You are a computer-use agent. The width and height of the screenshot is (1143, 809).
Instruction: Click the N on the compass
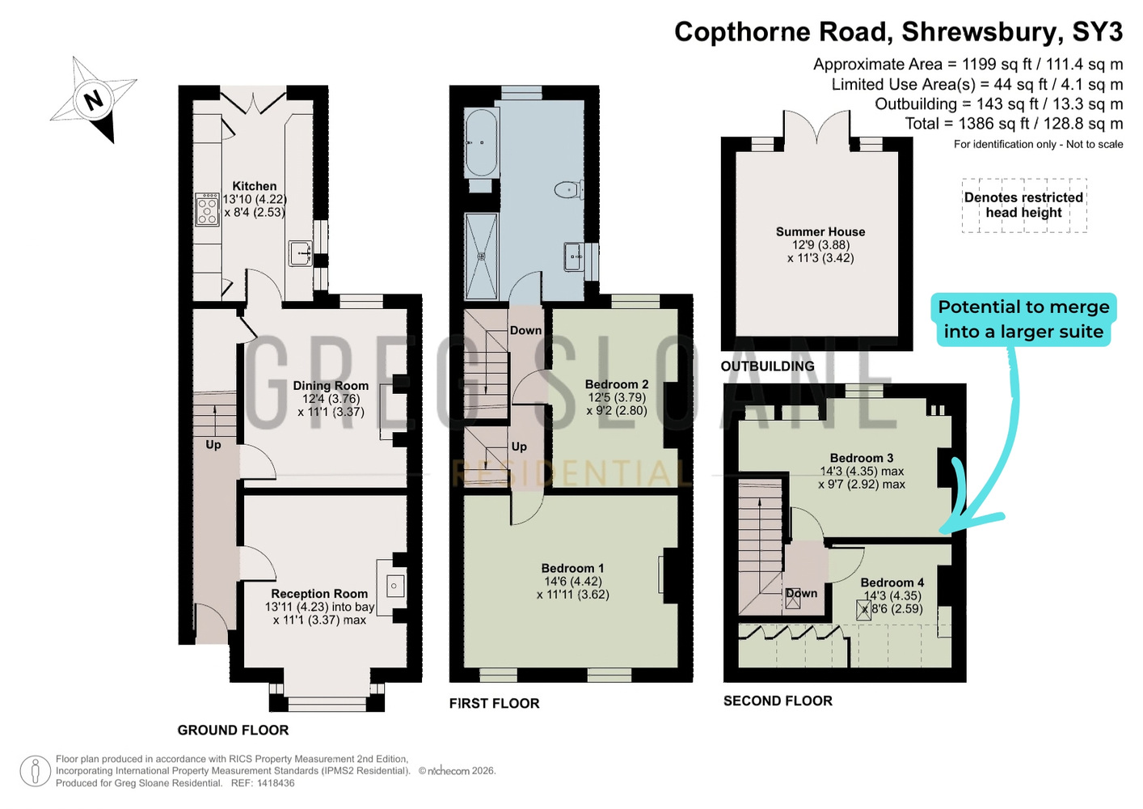[x=93, y=100]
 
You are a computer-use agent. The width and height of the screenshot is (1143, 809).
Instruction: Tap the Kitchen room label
[x=254, y=186]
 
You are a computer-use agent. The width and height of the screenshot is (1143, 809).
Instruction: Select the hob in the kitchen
[x=207, y=210]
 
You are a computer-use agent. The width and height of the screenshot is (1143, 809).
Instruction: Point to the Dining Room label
[x=331, y=386]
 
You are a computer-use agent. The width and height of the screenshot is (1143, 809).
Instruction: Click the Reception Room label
[x=319, y=594]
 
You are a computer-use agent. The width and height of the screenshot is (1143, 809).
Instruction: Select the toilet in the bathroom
[x=568, y=190]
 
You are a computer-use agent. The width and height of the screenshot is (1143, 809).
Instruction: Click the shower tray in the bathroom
[x=481, y=256]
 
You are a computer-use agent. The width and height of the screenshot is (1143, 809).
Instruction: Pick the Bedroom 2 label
[x=617, y=384]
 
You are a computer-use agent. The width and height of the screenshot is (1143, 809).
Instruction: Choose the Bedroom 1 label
[x=572, y=568]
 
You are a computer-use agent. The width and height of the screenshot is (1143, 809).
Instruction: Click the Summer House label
[x=820, y=231]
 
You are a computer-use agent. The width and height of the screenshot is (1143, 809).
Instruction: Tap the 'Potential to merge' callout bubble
[x=1023, y=320]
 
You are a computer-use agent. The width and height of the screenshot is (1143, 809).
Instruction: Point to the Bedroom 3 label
[x=862, y=458]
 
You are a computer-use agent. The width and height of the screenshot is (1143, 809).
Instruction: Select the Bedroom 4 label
[x=892, y=582]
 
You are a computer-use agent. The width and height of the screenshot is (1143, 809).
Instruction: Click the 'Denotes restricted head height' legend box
[x=1023, y=205]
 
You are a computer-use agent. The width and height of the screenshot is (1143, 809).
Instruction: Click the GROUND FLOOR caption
[x=233, y=730]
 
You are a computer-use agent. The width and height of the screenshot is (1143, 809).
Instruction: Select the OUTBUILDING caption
[x=767, y=366]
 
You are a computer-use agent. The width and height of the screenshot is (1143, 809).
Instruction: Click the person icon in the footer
[x=36, y=771]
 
